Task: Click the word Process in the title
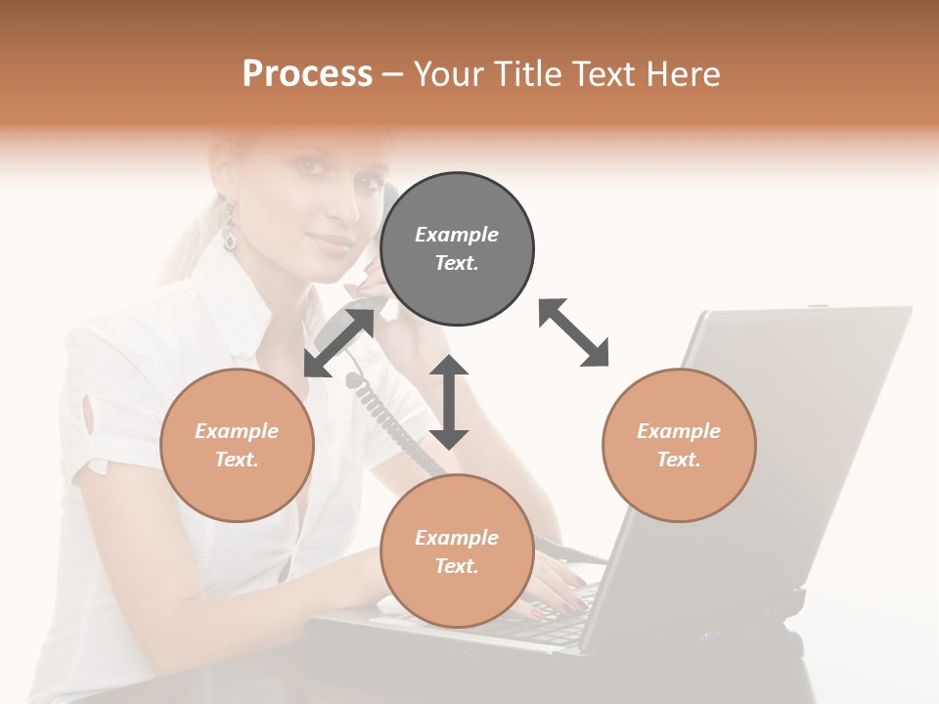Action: [307, 74]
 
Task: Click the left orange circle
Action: [237, 445]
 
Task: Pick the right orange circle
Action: [679, 445]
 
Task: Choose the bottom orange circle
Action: [457, 550]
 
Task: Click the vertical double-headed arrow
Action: [449, 402]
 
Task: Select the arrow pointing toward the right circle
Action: [574, 332]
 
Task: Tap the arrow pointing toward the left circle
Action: [338, 343]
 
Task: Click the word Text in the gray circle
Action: [457, 263]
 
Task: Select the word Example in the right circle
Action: [679, 431]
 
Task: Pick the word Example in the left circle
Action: [237, 431]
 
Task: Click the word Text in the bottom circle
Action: [457, 566]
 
